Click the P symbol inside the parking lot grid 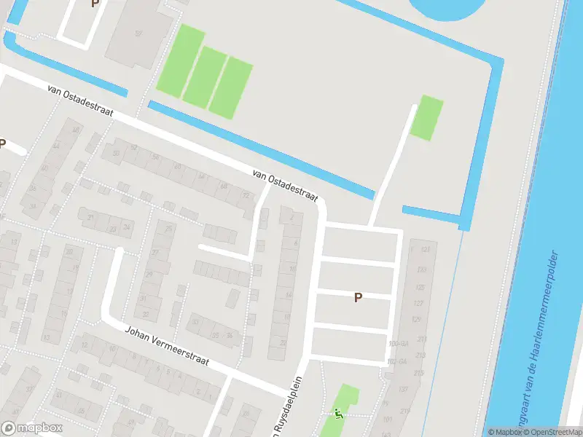pyautogui.click(x=358, y=297)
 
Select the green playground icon pyautogui.click(x=337, y=413)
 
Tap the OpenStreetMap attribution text pyautogui.click(x=553, y=432)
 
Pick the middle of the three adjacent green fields pyautogui.click(x=205, y=76)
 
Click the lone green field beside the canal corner pyautogui.click(x=426, y=117)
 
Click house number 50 pyautogui.click(x=115, y=153)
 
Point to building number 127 pyautogui.click(x=418, y=303)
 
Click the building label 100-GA pyautogui.click(x=398, y=343)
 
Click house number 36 pyautogui.click(x=229, y=335)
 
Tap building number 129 pyautogui.click(x=416, y=320)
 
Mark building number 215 pyautogui.click(x=418, y=373)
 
